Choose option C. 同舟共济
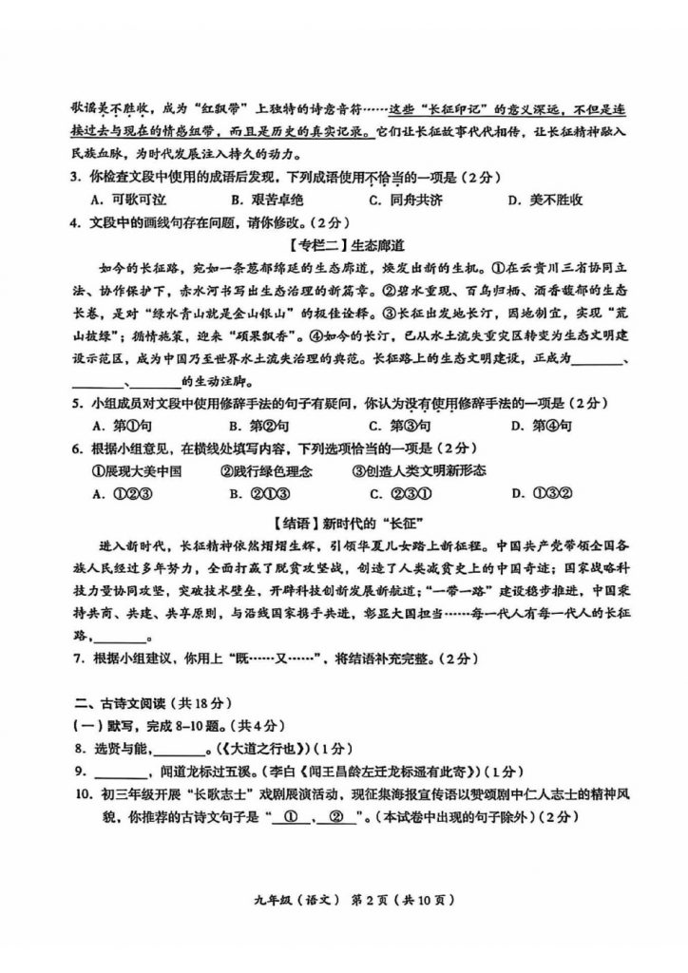tap(406, 200)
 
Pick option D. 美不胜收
tap(545, 200)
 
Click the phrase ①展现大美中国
tap(136, 470)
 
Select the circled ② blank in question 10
tap(334, 816)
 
